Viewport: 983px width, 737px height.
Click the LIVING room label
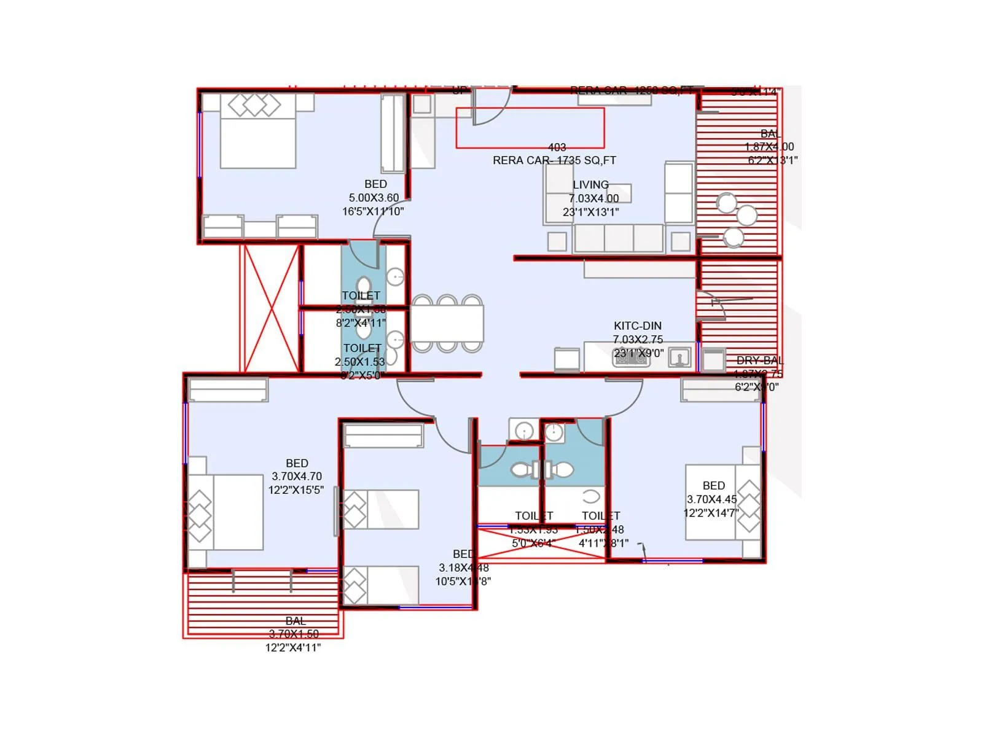click(590, 185)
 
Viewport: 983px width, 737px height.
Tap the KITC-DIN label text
click(637, 326)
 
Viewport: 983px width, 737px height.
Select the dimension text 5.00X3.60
click(374, 198)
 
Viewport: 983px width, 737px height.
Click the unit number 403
click(557, 147)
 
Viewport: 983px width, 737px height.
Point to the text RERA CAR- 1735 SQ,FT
click(554, 160)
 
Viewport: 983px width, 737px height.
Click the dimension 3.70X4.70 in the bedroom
click(296, 477)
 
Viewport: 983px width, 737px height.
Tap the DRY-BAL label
click(759, 361)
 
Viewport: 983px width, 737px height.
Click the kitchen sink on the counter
click(679, 357)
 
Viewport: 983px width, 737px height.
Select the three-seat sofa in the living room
click(618, 238)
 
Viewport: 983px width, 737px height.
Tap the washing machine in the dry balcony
click(713, 360)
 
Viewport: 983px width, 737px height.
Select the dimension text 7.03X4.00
click(593, 198)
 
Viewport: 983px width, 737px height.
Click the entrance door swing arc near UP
click(491, 108)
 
